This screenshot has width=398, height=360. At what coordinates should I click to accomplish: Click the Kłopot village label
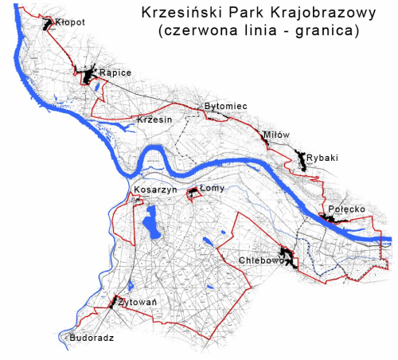coord(71,23)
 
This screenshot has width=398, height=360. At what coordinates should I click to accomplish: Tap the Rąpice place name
coord(115,73)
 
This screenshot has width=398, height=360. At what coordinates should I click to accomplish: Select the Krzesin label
coord(154,119)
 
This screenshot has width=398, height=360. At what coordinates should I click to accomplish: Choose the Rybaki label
coord(322,158)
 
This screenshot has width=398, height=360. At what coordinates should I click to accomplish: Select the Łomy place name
coord(213,188)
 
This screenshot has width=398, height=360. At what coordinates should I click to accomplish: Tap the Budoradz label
coord(92,338)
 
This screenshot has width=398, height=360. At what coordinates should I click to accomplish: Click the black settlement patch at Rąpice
coord(87,76)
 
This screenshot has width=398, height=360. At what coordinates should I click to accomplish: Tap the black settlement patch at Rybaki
coord(302,162)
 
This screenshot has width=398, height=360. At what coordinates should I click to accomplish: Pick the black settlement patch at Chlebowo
coord(291,259)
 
